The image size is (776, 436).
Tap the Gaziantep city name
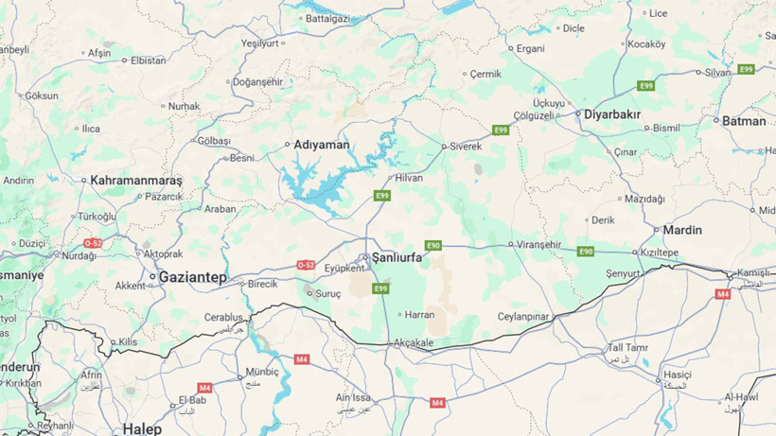tap(193, 277)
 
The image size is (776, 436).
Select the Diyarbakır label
tap(612, 114)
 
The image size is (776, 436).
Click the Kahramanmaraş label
tap(136, 180)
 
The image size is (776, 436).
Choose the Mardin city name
tap(682, 230)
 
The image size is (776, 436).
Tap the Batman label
tap(744, 121)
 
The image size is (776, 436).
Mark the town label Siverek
tap(466, 147)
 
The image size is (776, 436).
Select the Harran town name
tap(418, 315)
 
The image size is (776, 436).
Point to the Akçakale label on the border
tap(413, 342)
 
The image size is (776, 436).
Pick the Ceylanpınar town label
tap(524, 317)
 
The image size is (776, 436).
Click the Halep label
tap(142, 428)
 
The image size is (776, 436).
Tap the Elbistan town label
tap(149, 61)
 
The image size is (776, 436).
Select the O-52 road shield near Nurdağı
tap(92, 243)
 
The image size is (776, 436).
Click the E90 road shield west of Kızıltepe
tap(586, 252)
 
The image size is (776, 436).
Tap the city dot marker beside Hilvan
tap(389, 178)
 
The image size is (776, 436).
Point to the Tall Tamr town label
tap(628, 348)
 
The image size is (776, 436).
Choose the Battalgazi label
tap(327, 18)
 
